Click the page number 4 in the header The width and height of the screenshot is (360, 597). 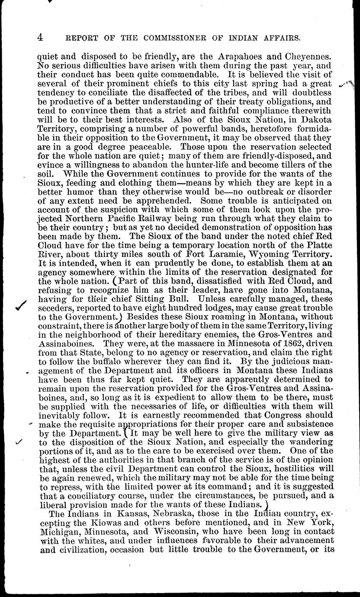point(39,38)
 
